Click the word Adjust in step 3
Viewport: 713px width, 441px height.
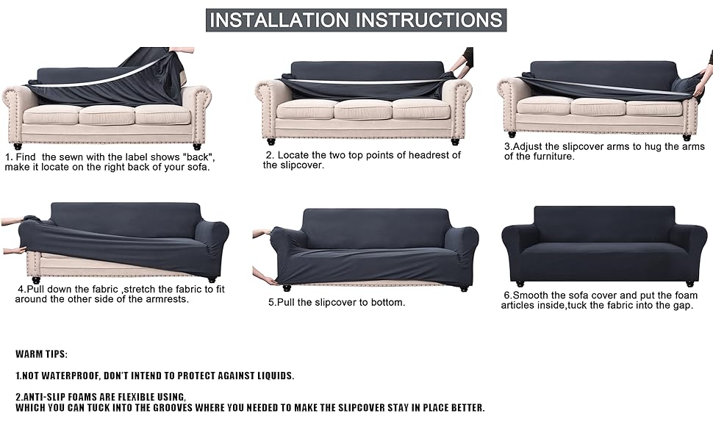pyautogui.click(x=531, y=146)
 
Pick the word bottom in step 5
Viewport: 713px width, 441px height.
pyautogui.click(x=387, y=302)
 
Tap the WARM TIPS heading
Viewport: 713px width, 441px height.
pyautogui.click(x=41, y=354)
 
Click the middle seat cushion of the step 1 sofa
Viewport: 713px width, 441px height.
pyautogui.click(x=106, y=114)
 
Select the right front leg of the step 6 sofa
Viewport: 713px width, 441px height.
pyautogui.click(x=689, y=282)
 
